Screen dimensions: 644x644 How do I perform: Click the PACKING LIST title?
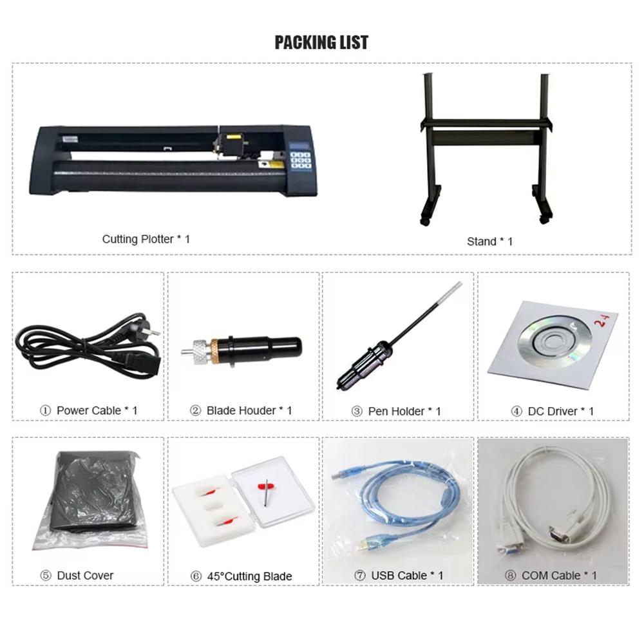pos(321,43)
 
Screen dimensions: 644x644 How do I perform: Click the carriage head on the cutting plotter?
pos(230,143)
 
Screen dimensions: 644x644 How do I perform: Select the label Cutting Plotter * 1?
pos(146,239)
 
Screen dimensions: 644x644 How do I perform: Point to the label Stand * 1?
pos(489,241)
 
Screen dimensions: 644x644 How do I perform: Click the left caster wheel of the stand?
pos(424,221)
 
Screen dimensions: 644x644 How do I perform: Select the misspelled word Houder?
pos(257,410)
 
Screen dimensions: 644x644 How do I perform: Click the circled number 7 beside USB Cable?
pos(360,575)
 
